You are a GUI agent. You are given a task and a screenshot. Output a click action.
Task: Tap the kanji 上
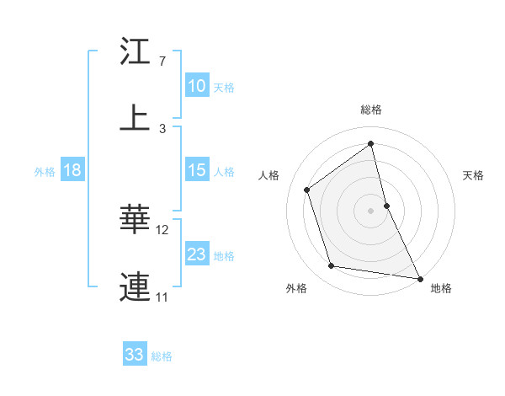click(135, 117)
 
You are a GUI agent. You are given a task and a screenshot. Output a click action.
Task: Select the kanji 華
click(135, 219)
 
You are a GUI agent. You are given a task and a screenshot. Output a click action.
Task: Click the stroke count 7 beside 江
click(162, 62)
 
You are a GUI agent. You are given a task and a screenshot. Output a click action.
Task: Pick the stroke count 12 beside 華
click(162, 229)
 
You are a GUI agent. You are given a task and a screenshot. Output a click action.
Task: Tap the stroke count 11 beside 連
click(162, 297)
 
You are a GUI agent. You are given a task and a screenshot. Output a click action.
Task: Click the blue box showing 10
click(196, 86)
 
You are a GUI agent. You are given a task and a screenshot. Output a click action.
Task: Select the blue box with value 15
click(196, 170)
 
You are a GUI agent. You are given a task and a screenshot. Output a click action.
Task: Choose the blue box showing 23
click(196, 254)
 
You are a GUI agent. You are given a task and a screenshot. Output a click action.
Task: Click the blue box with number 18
click(72, 170)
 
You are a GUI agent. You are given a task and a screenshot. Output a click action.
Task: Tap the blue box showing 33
click(134, 355)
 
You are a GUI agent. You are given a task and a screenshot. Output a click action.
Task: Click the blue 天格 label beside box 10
click(224, 87)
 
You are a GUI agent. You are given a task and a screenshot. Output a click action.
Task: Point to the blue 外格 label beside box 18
click(45, 171)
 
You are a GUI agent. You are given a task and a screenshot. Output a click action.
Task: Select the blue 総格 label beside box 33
click(162, 356)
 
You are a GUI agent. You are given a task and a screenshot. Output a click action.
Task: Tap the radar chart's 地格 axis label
click(441, 288)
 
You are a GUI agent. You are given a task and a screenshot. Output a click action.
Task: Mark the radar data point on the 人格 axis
click(307, 190)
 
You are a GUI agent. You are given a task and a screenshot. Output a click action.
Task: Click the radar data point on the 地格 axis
click(418, 277)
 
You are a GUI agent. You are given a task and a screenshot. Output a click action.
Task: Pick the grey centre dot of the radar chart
click(371, 211)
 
